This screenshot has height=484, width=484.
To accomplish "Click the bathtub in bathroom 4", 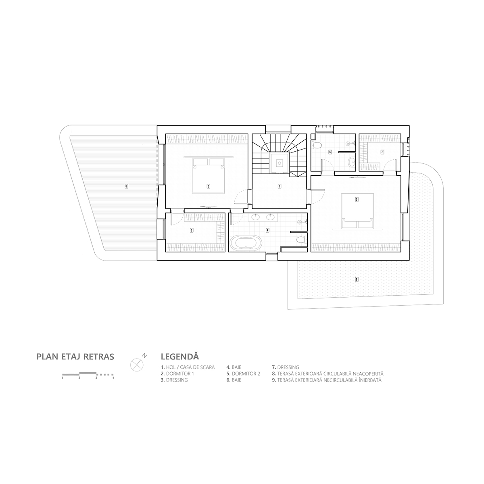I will (246, 244).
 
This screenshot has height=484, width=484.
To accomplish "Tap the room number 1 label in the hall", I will (279, 186).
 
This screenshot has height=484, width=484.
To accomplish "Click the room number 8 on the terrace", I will (126, 186).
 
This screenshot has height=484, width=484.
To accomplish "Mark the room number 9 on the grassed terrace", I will (356, 279).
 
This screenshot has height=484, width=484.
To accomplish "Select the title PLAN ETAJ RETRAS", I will (75, 357).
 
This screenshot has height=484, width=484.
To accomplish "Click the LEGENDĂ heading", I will (179, 357).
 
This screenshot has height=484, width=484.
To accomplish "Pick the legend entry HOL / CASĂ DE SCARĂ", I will (188, 367).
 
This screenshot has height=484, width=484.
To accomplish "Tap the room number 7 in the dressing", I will (382, 152).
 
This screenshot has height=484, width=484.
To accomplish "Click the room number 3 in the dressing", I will (192, 230).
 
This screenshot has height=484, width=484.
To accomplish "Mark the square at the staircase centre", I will (279, 163).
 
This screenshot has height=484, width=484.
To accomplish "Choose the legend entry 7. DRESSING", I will (286, 367).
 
